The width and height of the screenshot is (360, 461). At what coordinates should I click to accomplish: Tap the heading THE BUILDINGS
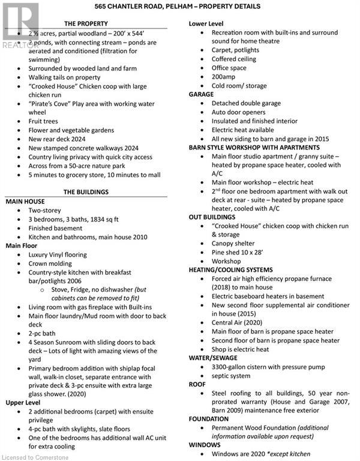click(x=86, y=192)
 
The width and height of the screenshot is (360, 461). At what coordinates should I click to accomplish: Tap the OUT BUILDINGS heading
click(x=212, y=217)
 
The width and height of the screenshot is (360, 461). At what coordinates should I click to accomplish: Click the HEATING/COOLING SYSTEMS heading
click(x=230, y=270)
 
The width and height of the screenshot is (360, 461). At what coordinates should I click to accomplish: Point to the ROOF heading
click(x=198, y=384)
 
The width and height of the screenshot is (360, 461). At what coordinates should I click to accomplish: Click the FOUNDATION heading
click(x=208, y=420)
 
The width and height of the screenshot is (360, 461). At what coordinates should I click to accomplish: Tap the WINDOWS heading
click(x=205, y=445)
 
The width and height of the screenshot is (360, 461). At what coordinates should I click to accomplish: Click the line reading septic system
click(x=231, y=376)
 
